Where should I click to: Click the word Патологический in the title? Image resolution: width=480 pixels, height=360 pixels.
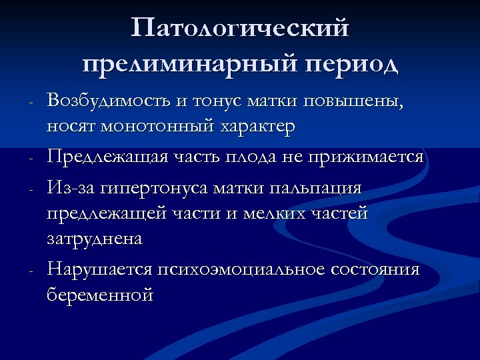[240, 28]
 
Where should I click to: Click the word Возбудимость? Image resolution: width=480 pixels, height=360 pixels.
[109, 101]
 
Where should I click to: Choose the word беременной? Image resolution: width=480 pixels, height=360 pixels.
[100, 294]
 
